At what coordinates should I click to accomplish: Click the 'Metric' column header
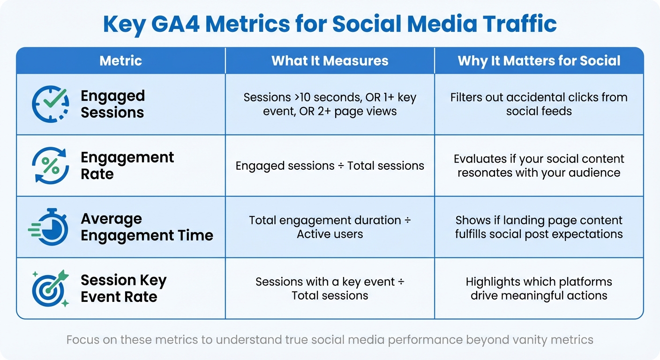coord(120,60)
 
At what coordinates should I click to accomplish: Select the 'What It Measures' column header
coord(330,60)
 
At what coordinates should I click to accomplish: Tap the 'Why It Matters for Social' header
coord(539,60)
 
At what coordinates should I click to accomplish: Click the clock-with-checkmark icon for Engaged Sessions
coord(50,104)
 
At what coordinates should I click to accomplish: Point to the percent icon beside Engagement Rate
coord(50,165)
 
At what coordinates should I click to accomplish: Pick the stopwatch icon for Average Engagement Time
coord(49,227)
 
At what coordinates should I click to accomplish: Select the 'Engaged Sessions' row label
coord(112,104)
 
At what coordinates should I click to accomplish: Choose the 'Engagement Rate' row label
coord(127,165)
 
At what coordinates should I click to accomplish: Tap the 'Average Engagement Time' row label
coord(147,227)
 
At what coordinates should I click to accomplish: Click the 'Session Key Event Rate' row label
coord(123,288)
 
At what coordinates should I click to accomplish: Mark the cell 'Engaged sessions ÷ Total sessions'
coord(330,165)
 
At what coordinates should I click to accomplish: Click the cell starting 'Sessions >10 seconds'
coord(330,104)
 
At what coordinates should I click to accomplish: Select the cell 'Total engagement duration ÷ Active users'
coord(330,227)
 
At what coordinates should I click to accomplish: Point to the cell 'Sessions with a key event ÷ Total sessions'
coord(330,288)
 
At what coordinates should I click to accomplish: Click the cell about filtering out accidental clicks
coord(539,104)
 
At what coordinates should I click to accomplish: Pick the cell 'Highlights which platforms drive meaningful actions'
coord(539,288)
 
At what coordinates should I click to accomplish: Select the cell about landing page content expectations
coord(539,227)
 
